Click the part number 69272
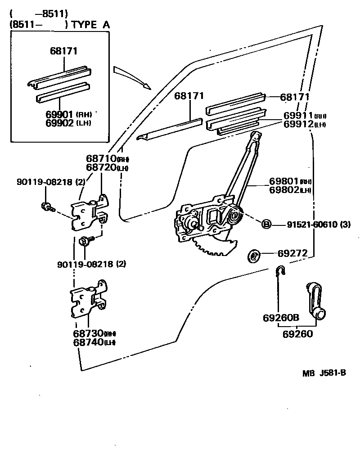point(292,254)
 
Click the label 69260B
point(281,318)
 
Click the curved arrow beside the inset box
point(130,76)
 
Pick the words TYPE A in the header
point(90,25)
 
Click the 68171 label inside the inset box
point(63,51)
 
